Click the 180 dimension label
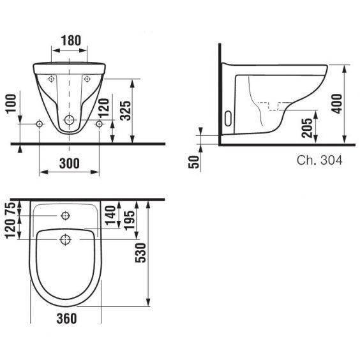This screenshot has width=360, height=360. (x=71, y=40)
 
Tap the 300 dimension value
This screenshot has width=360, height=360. (x=70, y=163)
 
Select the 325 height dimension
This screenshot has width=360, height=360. (x=126, y=110)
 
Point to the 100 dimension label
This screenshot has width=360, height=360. (x=11, y=104)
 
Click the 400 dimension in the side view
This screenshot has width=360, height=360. (x=337, y=103)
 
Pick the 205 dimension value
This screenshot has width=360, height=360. (x=307, y=128)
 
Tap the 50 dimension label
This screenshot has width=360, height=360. (x=194, y=162)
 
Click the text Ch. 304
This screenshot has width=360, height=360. (x=319, y=160)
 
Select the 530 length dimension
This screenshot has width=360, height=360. (x=140, y=253)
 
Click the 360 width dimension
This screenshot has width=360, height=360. (x=66, y=319)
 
